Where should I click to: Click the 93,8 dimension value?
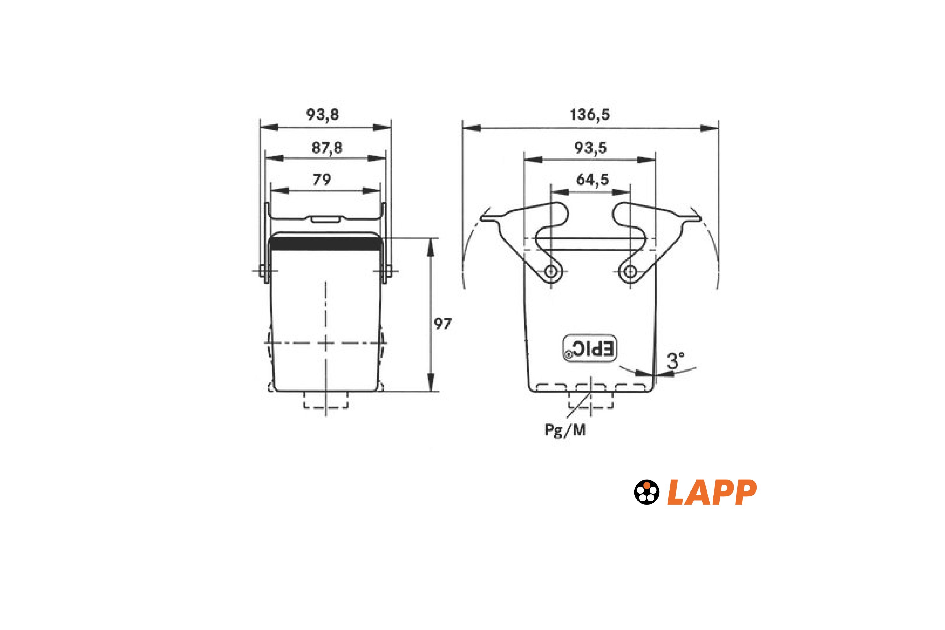point(323,115)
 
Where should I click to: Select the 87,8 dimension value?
point(327,148)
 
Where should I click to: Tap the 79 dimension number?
point(322,179)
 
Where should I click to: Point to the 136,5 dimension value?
point(590,115)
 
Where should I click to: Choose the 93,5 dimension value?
point(590,148)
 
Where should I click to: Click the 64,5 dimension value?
point(593,180)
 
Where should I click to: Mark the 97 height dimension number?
point(443,324)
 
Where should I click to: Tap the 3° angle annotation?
point(675,360)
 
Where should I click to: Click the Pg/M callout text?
point(565,430)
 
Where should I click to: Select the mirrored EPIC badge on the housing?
point(589,348)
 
